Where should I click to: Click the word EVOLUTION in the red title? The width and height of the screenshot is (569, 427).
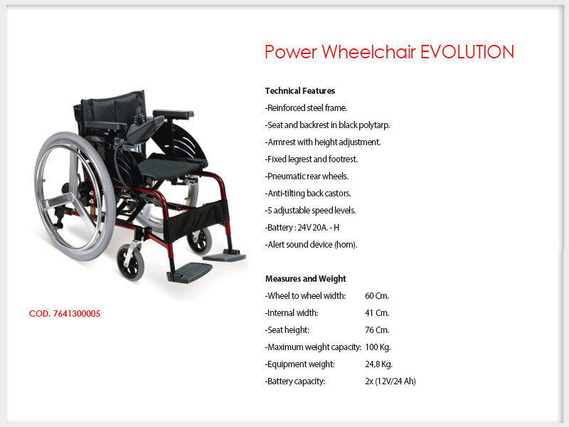467,52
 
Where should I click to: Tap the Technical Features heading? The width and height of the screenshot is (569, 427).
299,91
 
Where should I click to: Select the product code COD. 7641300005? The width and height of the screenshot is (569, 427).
65,314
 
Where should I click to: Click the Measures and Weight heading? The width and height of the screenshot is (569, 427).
306,279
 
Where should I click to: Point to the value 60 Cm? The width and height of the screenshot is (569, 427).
377,296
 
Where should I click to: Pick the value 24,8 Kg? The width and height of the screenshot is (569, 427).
379,364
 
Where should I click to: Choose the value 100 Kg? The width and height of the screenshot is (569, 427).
378,347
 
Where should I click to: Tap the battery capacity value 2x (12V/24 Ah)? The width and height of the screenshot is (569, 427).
390,381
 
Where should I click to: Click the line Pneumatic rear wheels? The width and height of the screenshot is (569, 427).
307,176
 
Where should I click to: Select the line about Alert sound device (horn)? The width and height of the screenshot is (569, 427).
311,245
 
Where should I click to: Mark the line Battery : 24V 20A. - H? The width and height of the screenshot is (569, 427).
302,228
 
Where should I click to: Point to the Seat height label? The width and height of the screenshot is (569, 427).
287,330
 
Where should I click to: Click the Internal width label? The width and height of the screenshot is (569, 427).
292,313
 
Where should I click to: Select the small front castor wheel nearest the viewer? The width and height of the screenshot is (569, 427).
130,262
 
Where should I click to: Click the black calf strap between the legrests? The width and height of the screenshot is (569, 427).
197,220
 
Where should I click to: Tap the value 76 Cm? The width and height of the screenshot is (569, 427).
377,330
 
